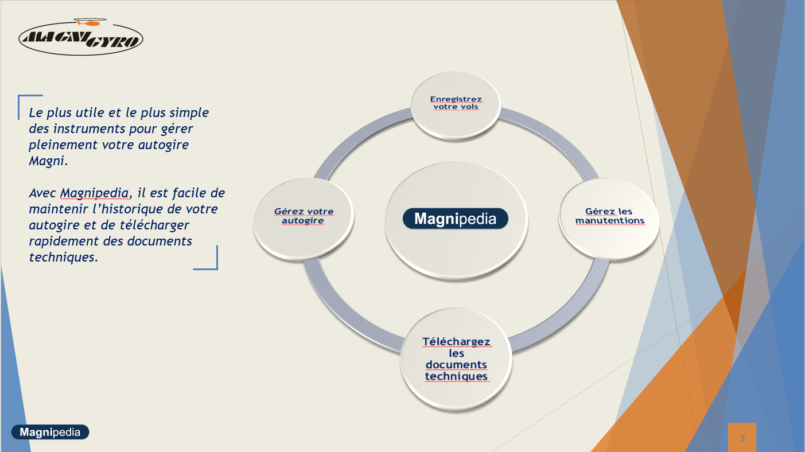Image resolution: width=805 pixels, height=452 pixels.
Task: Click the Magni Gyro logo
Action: click(81, 37)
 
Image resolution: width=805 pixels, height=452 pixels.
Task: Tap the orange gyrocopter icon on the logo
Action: click(90, 22)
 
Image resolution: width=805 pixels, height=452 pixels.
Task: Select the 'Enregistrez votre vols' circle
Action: click(456, 104)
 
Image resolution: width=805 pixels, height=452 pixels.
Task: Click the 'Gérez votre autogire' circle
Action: click(304, 218)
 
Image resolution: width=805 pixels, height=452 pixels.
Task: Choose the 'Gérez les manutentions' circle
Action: click(609, 218)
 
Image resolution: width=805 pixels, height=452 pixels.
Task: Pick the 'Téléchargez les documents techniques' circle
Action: click(456, 359)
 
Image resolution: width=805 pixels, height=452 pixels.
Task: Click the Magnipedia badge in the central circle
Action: click(456, 219)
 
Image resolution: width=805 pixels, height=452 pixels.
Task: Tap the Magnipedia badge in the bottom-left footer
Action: click(50, 432)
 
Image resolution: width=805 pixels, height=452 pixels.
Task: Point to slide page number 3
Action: click(742, 438)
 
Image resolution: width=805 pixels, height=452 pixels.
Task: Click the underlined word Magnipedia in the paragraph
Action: click(94, 193)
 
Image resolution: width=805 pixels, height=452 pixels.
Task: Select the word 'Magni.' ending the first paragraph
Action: click(48, 161)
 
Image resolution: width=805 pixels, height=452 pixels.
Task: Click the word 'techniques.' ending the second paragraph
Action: click(63, 257)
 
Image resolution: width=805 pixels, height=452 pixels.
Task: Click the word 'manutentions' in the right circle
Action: click(610, 220)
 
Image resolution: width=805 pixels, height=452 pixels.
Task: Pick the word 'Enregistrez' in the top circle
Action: click(456, 99)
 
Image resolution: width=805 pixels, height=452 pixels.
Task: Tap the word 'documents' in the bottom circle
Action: click(456, 365)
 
